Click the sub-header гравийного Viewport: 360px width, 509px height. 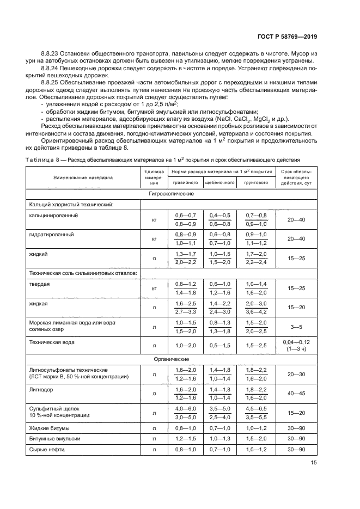point(186,183)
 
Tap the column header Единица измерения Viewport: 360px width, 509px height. point(154,177)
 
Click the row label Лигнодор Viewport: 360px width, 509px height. point(41,390)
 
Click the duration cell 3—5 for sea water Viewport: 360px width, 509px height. point(296,327)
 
